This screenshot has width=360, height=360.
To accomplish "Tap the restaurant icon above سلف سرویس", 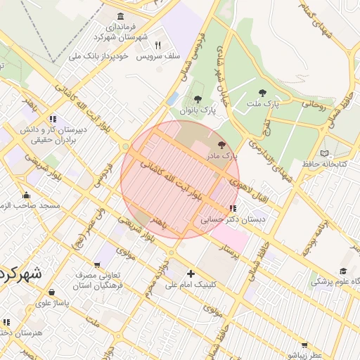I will pyautogui.click(x=157, y=44).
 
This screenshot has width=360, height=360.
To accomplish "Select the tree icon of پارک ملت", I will pyautogui.click(x=262, y=93).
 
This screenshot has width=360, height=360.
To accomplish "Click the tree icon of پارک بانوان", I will pyautogui.click(x=198, y=100).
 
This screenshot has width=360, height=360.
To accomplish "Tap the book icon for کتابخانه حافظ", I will pyautogui.click(x=324, y=153).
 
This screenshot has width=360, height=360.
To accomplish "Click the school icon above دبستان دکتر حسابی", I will pyautogui.click(x=233, y=209).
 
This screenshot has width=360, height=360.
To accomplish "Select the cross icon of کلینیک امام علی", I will pyautogui.click(x=191, y=274).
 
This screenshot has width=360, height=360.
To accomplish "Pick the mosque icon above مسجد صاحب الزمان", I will pyautogui.click(x=27, y=195).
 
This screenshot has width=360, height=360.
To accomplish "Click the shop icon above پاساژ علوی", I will pyautogui.click(x=52, y=292).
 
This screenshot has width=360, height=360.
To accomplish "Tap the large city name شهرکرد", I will pyautogui.click(x=21, y=273).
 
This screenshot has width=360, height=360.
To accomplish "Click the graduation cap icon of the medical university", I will pyautogui.click(x=343, y=271).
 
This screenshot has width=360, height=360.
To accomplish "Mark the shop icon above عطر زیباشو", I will pyautogui.click(x=304, y=345).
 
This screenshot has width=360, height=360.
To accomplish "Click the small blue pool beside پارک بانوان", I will pyautogui.click(x=172, y=100).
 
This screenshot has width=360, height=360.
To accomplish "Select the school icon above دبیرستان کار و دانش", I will pyautogui.click(x=53, y=119).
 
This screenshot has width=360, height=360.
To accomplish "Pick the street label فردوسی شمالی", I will pyautogui.click(x=205, y=53).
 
